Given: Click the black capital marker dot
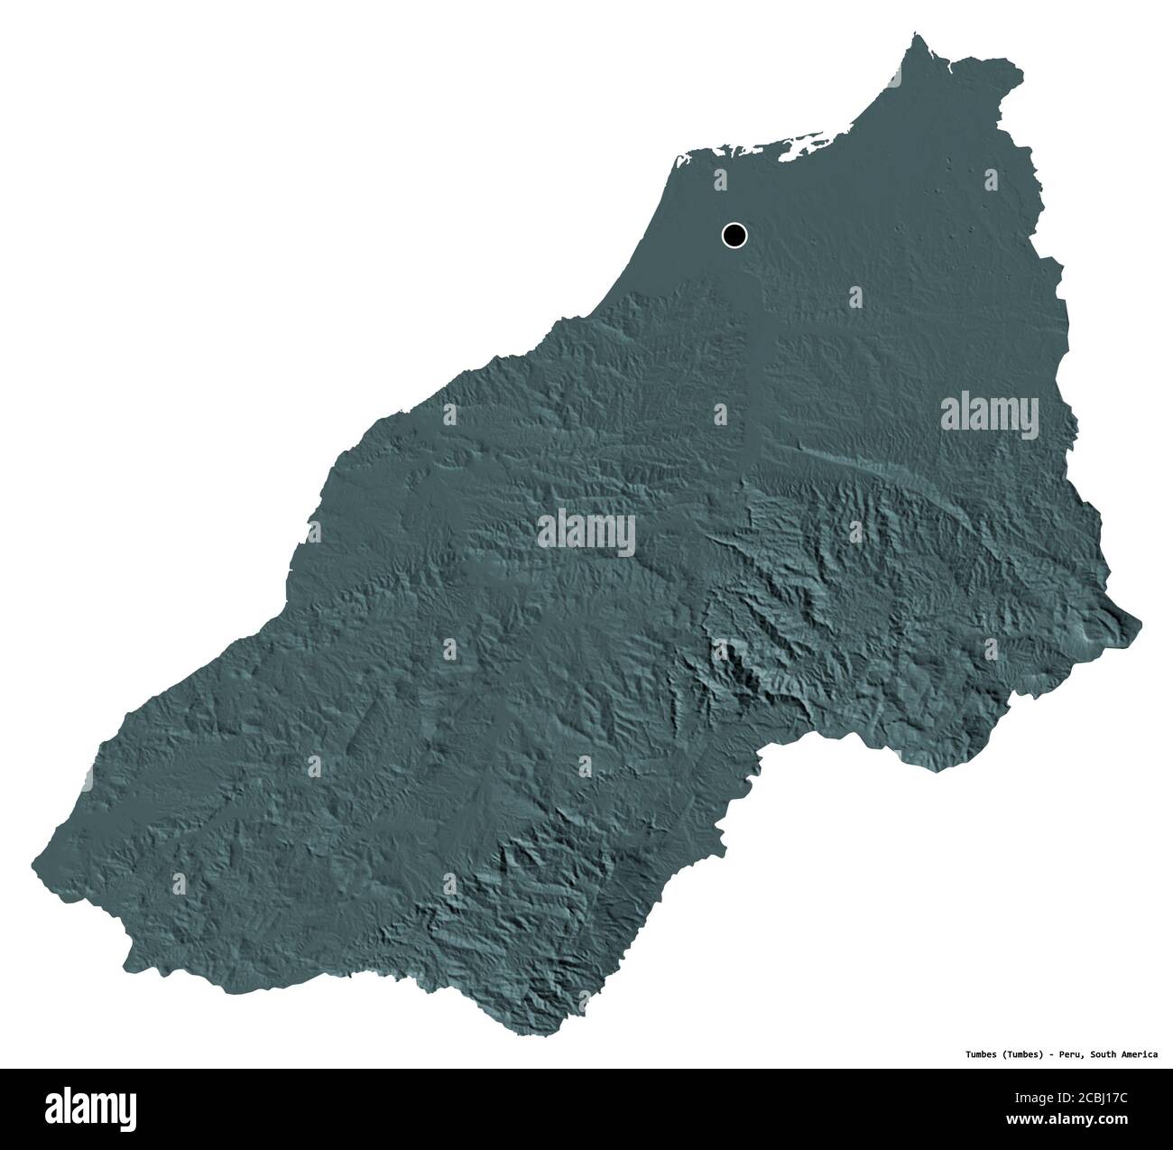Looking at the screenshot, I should [x=734, y=236].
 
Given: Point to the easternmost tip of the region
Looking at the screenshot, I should [x=1141, y=622].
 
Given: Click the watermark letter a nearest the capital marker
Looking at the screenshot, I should [x=719, y=179].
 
